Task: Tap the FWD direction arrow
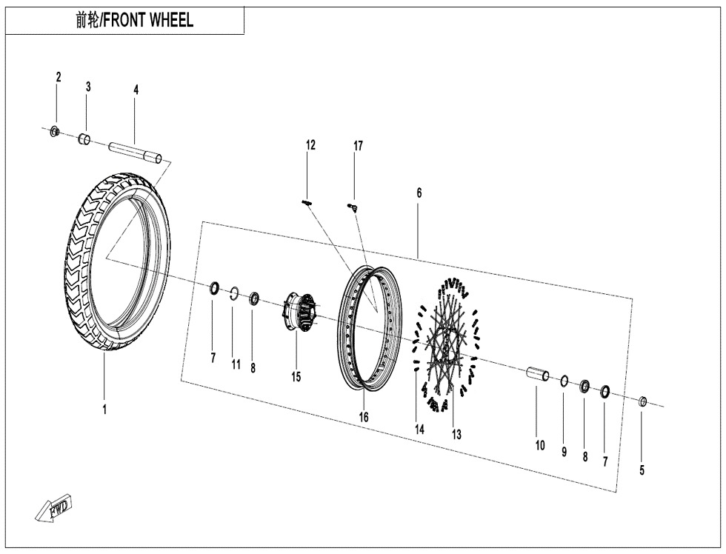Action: tap(53, 509)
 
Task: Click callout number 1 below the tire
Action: tap(104, 409)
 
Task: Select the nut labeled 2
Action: tap(54, 132)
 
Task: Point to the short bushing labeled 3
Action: tap(85, 138)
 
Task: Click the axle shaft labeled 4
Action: tap(137, 150)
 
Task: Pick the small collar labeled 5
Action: tap(643, 402)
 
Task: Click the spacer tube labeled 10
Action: tap(538, 375)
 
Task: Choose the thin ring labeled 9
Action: tap(564, 381)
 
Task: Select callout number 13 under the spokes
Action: tap(456, 435)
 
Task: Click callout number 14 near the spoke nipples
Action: tap(419, 429)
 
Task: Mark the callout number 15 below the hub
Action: tap(296, 377)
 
